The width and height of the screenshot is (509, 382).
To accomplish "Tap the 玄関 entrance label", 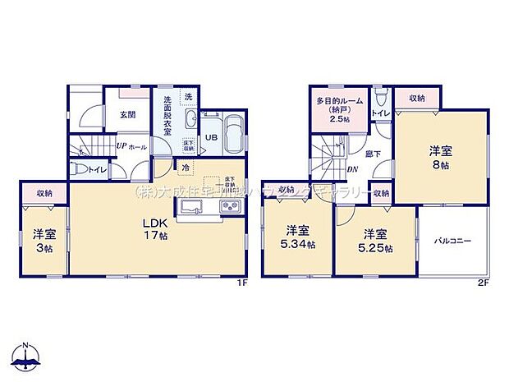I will coord(127,114).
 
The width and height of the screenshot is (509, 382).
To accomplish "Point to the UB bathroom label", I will coord(210,138).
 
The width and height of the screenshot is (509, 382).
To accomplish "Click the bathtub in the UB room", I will coord(232,134).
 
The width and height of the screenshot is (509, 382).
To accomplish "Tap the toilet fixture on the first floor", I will coord(79,170).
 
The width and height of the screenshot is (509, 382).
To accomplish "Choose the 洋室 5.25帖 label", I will coord(375,241).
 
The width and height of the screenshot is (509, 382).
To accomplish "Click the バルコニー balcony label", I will coord(452,241).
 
